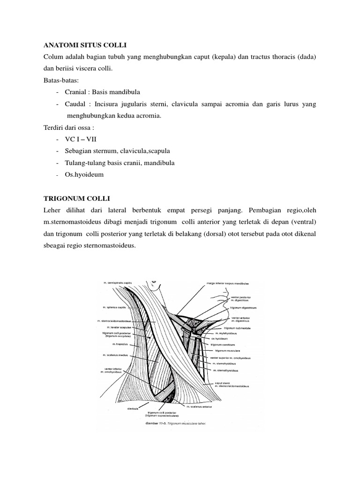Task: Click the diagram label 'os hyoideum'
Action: click(x=221, y=338)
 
